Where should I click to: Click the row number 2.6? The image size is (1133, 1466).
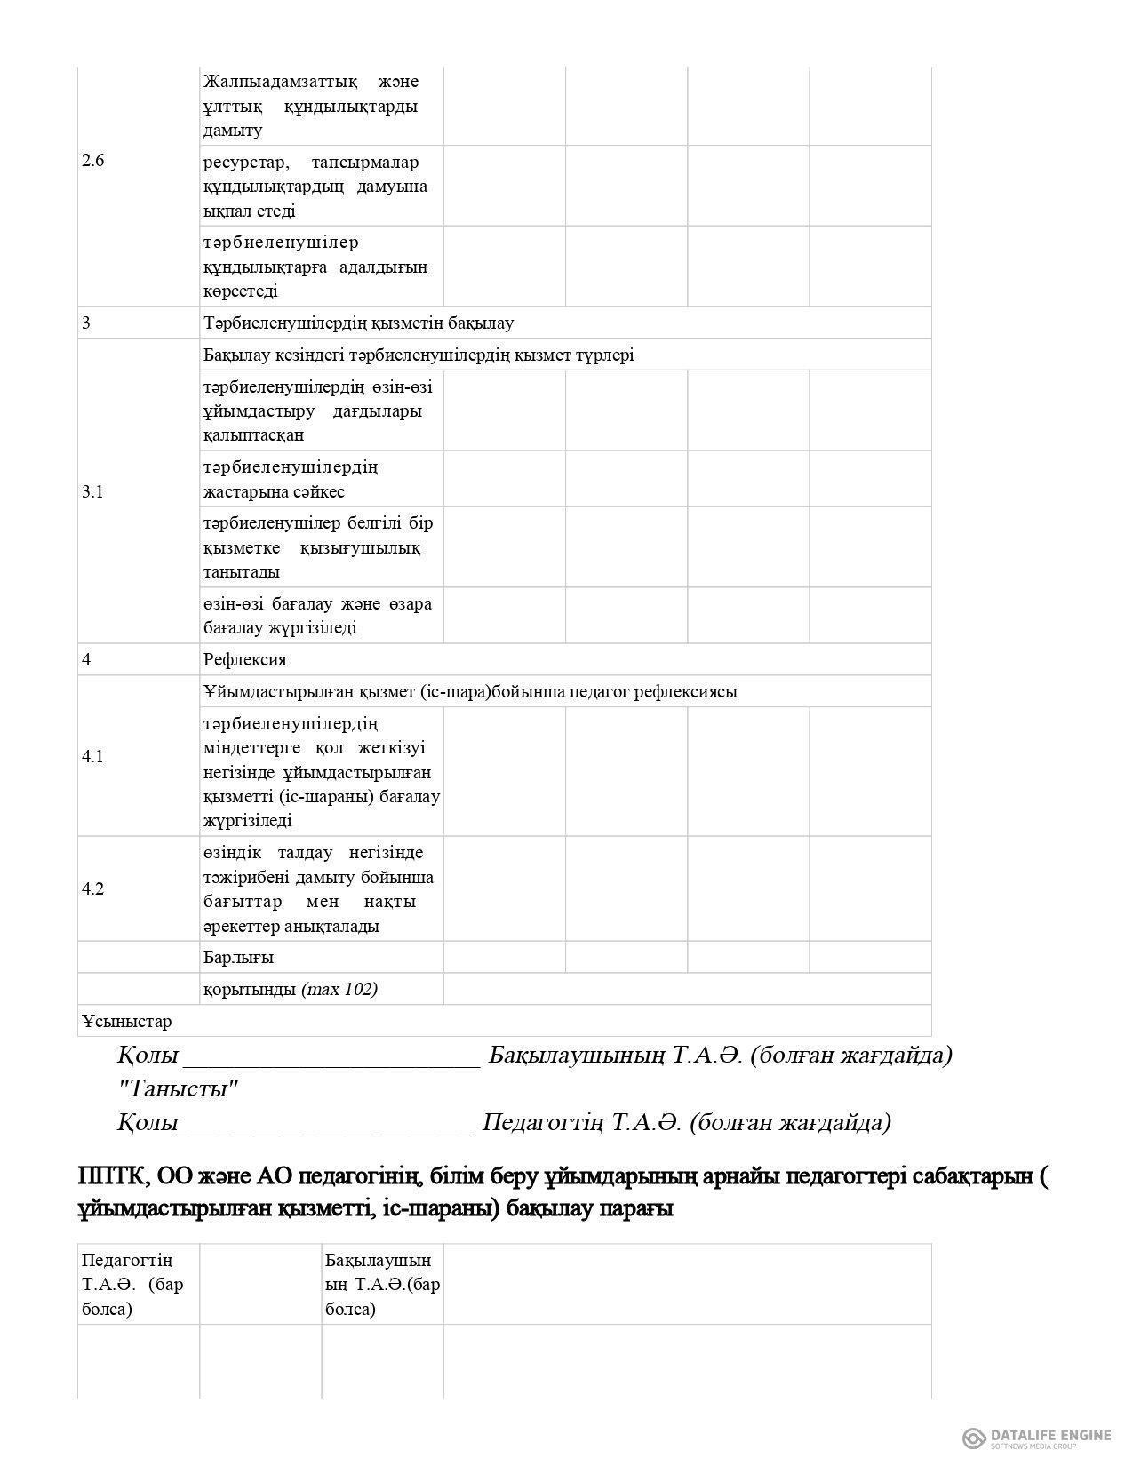92,162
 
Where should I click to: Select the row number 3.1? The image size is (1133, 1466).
92,491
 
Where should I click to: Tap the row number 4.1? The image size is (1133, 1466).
92,757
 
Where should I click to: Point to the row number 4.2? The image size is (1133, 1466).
92,889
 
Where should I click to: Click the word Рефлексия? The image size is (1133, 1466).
244,660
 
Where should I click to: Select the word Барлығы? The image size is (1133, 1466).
238,958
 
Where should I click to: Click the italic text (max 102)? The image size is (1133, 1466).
339,990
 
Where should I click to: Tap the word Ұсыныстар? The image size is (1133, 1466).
126,1022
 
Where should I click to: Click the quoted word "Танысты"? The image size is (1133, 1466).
178,1088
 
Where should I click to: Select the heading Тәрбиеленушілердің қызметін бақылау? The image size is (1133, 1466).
358,323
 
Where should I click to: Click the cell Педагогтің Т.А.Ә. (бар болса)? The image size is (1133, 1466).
132,1284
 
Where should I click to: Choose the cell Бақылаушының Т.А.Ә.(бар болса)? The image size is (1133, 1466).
382,1284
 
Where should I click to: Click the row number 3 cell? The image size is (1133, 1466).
86,323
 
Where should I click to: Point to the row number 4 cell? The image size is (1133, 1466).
86,660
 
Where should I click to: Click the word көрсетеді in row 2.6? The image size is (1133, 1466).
240,291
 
